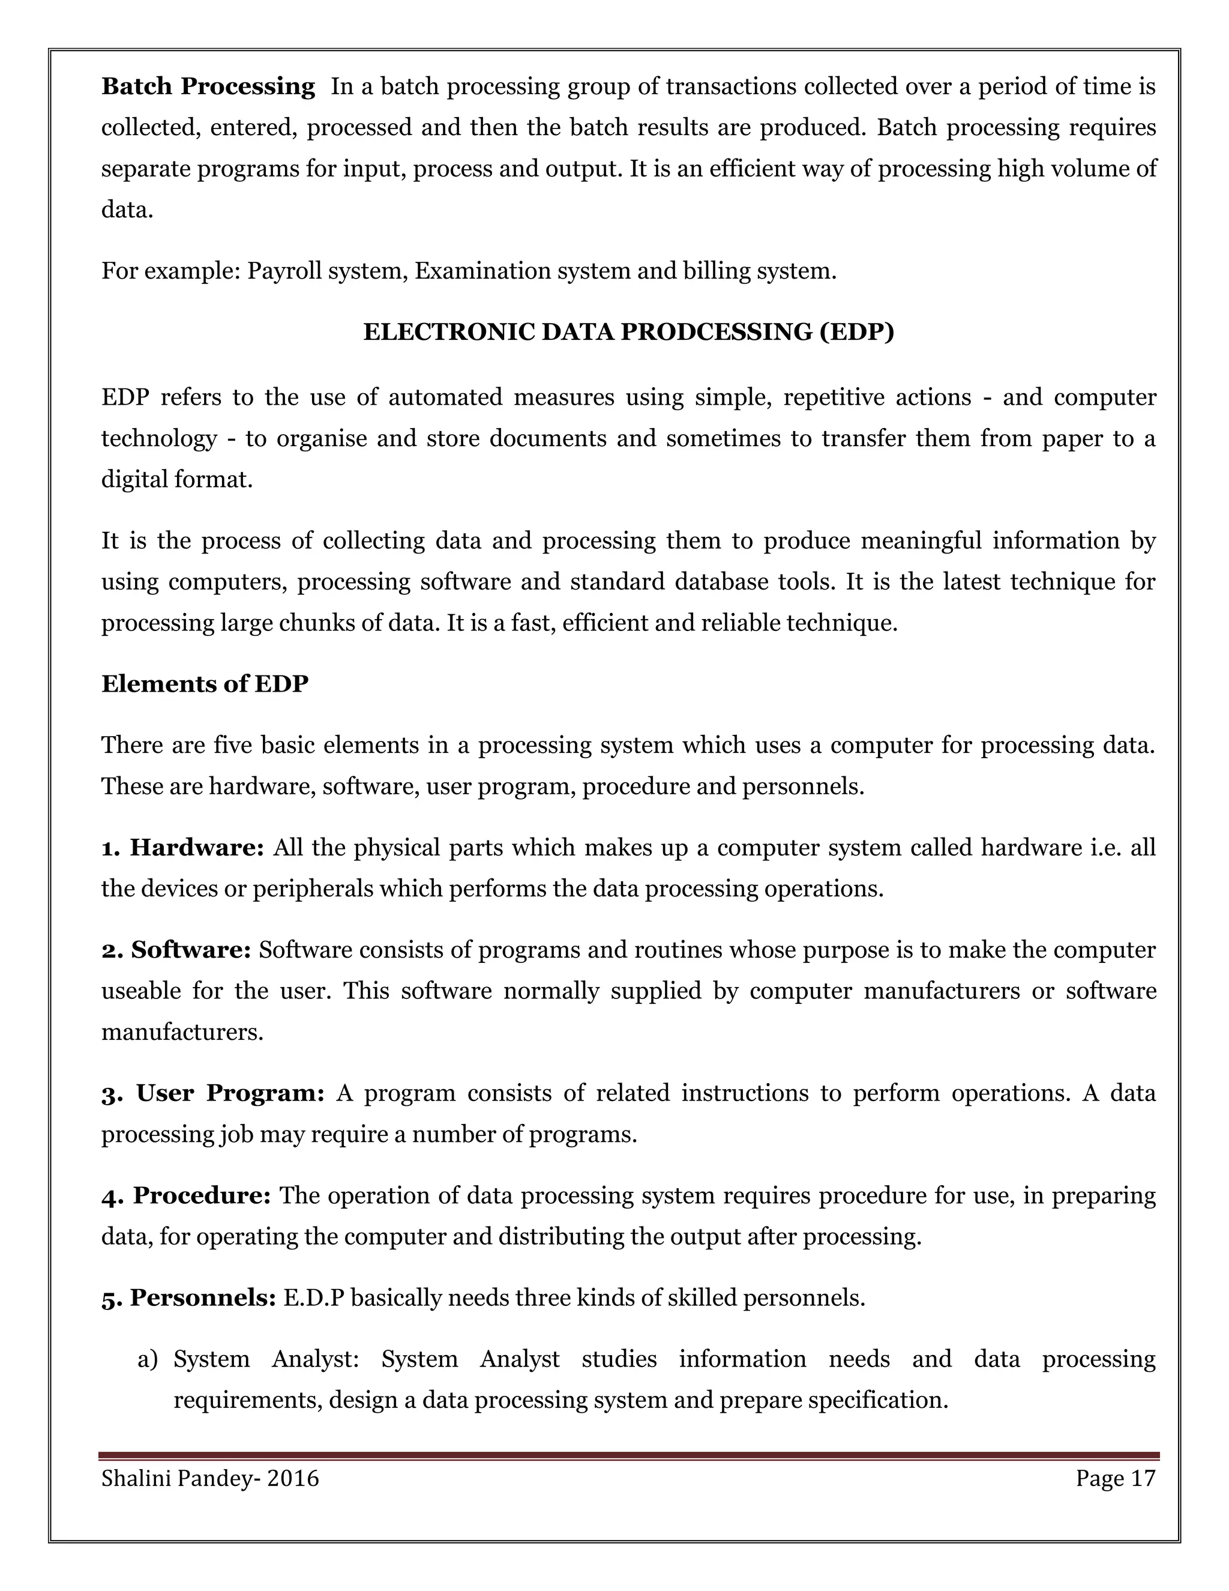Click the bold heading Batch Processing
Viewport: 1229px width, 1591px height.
tap(208, 86)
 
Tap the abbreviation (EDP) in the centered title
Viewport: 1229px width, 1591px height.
tap(856, 332)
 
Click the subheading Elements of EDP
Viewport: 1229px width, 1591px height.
tap(205, 684)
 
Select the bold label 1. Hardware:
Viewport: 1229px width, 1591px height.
tap(182, 848)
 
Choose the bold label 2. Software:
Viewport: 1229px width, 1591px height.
tap(176, 950)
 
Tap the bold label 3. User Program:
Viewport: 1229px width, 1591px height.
tap(212, 1093)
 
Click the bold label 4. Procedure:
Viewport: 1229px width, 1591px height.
tap(185, 1195)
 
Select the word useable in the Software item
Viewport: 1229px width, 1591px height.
tap(140, 991)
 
